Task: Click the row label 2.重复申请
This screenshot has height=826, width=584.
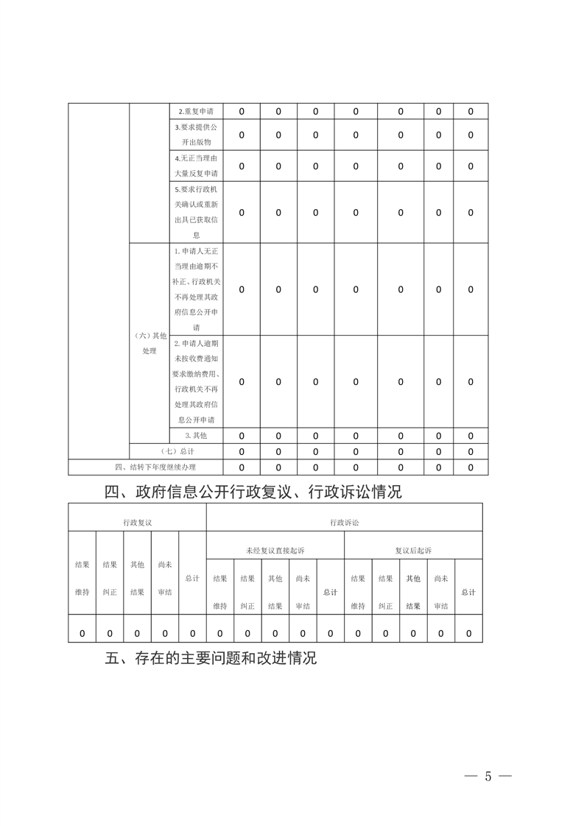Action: click(x=196, y=112)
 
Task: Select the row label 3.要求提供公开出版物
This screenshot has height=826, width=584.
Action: click(x=196, y=135)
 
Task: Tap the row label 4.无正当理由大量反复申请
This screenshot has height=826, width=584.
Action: click(x=196, y=166)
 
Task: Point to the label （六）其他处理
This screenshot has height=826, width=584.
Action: click(x=149, y=343)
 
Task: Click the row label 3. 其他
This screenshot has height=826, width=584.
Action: click(x=196, y=436)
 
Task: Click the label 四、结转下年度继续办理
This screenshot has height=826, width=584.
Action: click(x=155, y=467)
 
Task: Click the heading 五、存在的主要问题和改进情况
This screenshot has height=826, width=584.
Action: click(x=211, y=657)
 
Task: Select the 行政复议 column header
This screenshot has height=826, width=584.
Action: click(x=137, y=522)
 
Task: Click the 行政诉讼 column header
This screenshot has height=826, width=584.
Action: click(x=344, y=522)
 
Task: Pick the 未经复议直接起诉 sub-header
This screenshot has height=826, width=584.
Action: click(x=275, y=550)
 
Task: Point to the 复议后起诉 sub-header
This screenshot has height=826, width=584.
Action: click(x=413, y=550)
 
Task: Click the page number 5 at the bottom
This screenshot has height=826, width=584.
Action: click(x=488, y=777)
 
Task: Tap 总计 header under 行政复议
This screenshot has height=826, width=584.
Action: click(x=192, y=579)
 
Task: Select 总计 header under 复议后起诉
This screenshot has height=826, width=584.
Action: click(x=468, y=592)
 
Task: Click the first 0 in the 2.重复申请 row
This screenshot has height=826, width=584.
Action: click(x=242, y=112)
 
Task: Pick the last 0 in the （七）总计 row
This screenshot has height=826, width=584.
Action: click(x=471, y=451)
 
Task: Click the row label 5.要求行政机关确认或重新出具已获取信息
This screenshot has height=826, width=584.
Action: click(x=196, y=212)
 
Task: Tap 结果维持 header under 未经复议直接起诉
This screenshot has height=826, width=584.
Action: click(x=220, y=592)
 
